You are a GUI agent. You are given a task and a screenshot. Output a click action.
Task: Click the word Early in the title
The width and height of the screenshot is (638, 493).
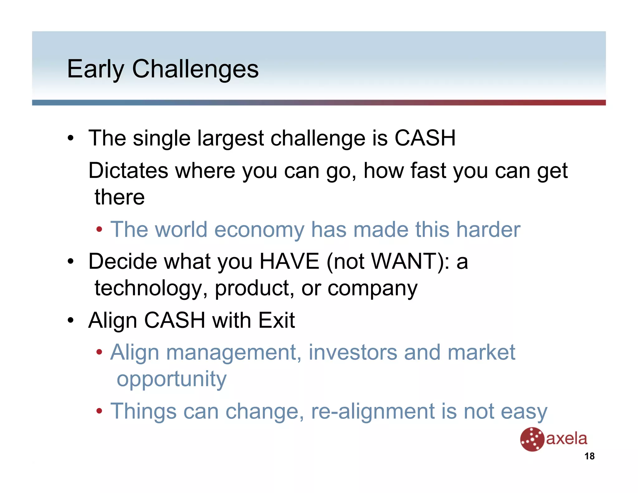pos(95,69)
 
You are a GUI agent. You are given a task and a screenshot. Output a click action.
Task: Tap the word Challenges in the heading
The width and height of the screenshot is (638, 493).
pos(195,69)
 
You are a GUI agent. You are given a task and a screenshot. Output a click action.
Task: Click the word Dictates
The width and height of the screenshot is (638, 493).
pos(128,171)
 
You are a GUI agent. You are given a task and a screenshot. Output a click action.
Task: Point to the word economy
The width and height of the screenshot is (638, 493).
pos(259,230)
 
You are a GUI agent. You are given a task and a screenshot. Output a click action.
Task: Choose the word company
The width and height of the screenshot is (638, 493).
pos(372,288)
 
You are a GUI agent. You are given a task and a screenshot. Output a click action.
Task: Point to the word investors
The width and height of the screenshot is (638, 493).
pos(353,352)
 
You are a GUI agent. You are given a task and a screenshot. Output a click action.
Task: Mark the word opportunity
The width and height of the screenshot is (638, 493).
pos(172,379)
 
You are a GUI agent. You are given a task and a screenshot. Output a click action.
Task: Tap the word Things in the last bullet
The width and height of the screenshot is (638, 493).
pos(143,411)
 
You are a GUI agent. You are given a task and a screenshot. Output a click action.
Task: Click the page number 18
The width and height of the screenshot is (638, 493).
pos(589,456)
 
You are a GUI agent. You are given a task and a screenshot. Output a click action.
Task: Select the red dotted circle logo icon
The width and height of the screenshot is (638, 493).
pos(532,439)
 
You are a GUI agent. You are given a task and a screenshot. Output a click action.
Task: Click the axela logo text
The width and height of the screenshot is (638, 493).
pos(567,439)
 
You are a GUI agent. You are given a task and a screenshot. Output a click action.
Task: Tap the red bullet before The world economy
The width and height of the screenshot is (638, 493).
pos(99,230)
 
